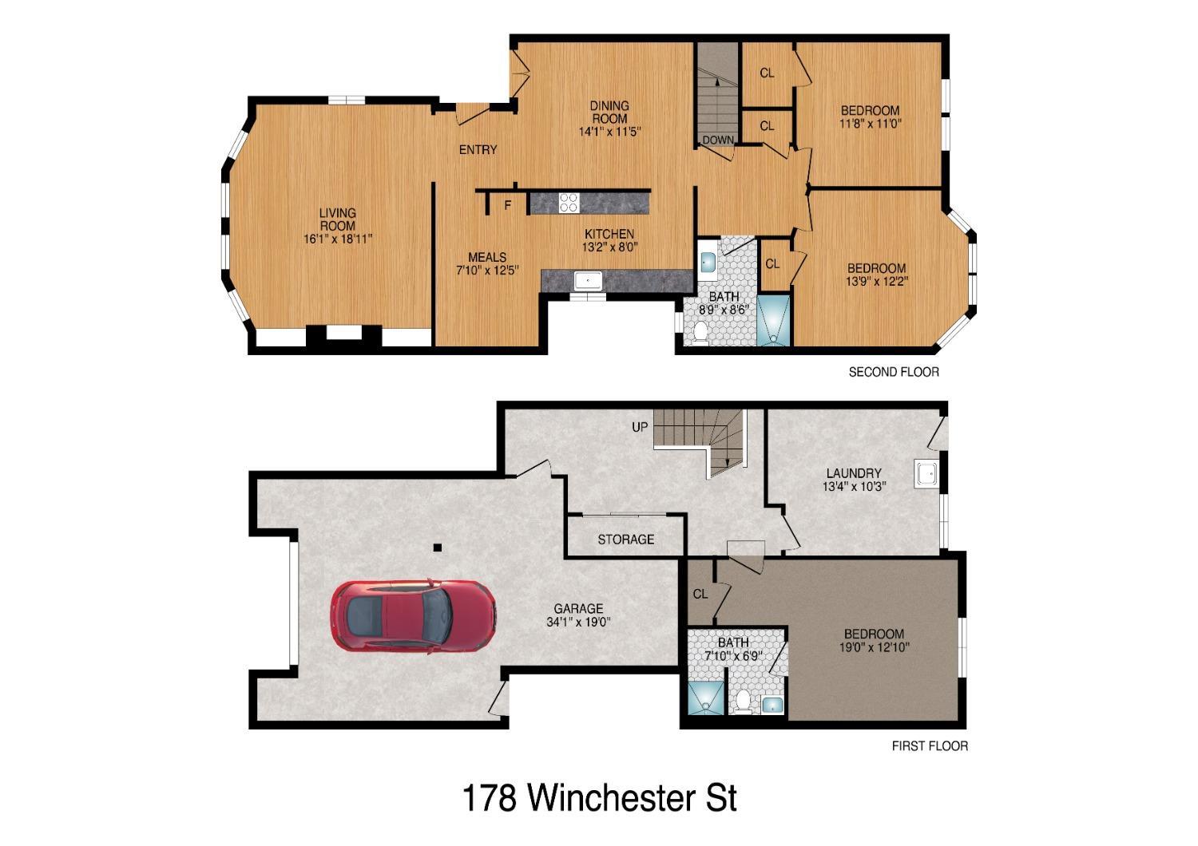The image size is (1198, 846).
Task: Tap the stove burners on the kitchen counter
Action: pos(569,203)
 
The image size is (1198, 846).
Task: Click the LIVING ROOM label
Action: pos(338,219)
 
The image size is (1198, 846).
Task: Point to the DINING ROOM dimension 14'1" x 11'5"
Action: pos(610,132)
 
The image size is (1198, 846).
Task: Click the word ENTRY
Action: pos(478,149)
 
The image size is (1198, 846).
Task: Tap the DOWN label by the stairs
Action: pos(718,140)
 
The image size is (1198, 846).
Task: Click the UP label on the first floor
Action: pos(640,427)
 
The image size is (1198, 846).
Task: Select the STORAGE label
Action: pos(625,540)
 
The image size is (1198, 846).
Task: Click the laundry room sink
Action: pos(927,474)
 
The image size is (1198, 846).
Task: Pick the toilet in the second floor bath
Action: pos(700,333)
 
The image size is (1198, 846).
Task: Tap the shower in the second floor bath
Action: pos(773,321)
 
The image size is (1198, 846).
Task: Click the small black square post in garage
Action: pos(437,548)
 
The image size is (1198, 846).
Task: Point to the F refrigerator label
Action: pos(507,205)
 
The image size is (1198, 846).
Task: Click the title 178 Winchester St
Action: pos(599,797)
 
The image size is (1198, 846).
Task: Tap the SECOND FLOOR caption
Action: pos(893,372)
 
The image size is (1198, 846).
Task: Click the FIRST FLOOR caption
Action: pos(929,746)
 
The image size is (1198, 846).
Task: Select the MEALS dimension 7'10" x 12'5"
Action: pos(487,270)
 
